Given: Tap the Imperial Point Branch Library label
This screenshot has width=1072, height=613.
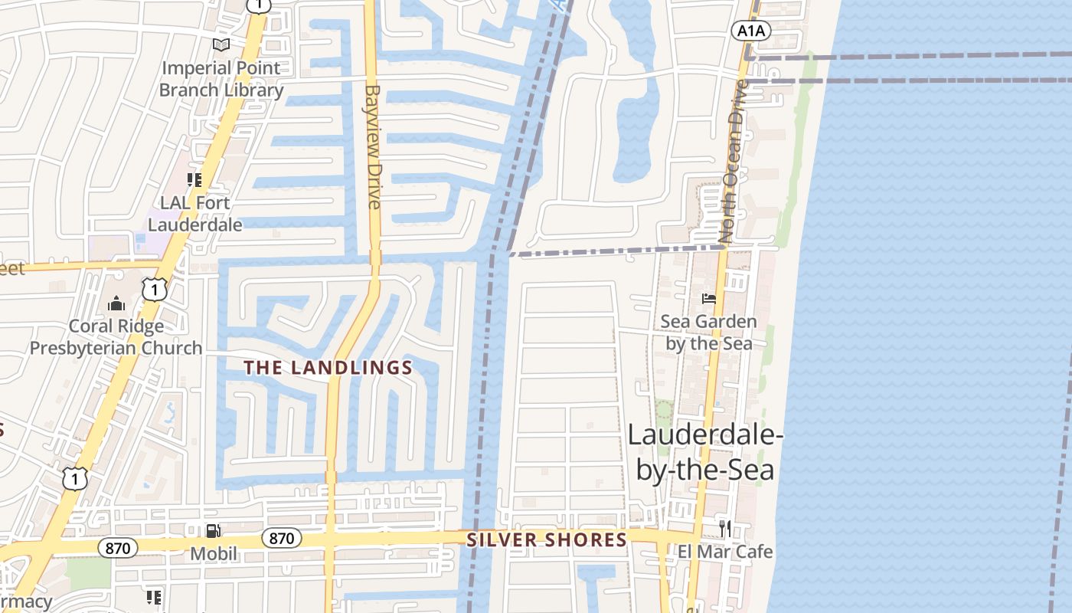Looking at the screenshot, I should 221,79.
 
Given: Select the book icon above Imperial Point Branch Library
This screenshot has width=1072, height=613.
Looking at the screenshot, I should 221,45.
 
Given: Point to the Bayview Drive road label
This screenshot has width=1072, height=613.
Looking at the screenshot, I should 374,146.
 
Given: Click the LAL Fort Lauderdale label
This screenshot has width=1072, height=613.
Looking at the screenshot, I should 194,214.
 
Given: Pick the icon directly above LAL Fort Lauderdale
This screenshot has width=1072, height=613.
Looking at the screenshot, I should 194,180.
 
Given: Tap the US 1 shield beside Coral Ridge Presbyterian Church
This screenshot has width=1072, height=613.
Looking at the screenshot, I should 155,289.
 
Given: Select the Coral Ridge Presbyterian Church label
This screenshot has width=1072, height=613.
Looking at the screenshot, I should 116,337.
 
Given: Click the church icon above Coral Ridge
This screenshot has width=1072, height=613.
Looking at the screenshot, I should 116,304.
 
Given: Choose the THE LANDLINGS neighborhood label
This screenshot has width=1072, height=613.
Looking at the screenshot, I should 328,368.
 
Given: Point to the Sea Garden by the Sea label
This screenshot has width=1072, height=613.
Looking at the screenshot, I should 709,333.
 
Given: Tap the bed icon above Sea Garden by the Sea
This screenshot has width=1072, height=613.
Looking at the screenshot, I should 709,298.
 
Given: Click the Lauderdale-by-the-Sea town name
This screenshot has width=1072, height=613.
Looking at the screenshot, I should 705,452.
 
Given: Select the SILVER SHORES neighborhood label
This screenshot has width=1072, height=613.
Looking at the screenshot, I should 547,540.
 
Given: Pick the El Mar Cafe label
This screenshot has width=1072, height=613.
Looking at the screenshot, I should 725,552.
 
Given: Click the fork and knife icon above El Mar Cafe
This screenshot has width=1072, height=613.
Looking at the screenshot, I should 724,527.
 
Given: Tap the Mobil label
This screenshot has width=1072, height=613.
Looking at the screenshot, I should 214,553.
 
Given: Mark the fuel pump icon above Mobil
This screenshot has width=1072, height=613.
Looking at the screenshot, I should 214,530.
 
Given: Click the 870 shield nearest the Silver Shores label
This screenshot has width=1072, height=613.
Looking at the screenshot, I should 282,538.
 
